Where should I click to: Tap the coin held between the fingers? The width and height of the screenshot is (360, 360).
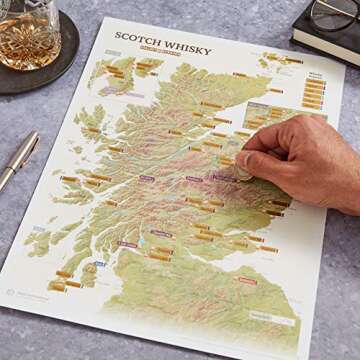pos(243,172)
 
